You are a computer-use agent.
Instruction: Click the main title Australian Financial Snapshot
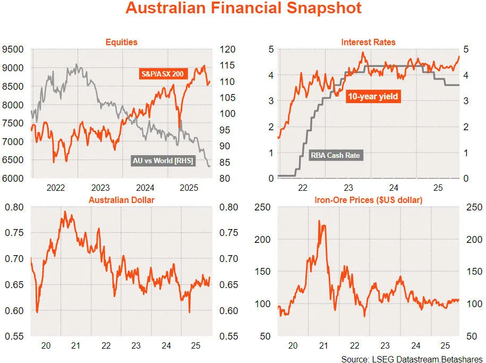243,9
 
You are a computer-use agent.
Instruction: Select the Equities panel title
121,42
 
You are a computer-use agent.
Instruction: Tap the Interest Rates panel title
368,42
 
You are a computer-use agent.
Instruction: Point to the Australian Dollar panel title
121,200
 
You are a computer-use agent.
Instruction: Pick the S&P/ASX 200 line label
162,74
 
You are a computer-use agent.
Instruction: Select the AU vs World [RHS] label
163,160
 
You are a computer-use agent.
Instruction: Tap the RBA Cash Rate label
336,156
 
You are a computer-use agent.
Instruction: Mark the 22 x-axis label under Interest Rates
303,188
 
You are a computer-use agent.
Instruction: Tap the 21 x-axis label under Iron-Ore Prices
323,345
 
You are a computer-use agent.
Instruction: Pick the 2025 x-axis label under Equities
189,188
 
